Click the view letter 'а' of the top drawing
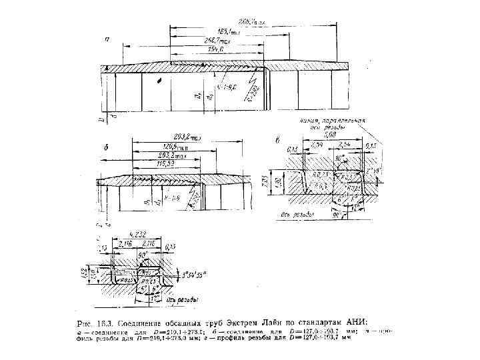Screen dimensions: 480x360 (107, 39)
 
